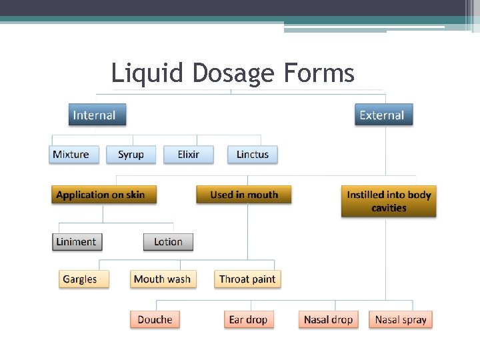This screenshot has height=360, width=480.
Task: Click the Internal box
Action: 97,115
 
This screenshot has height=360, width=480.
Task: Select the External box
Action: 383,115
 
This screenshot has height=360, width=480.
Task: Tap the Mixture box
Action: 74,155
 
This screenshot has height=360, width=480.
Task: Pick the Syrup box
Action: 131,155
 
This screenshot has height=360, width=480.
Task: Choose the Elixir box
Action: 189,155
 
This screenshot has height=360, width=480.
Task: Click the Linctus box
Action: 252,155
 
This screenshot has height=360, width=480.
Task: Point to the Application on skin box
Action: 104,195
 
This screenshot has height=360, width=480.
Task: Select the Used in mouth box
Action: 243,195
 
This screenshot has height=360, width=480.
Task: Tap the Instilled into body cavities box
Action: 389,201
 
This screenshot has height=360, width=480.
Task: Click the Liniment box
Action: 76,242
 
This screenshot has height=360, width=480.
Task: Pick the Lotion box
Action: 168,242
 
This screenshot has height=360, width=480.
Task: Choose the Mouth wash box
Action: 163,279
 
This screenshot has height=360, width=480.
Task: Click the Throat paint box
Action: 247,279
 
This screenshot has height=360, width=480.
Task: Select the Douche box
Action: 155,319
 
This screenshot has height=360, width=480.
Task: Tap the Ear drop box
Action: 248,319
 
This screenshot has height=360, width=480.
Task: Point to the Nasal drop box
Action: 328,319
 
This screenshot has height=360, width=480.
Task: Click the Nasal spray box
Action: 400,319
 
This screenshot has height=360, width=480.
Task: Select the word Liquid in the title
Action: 140,73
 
